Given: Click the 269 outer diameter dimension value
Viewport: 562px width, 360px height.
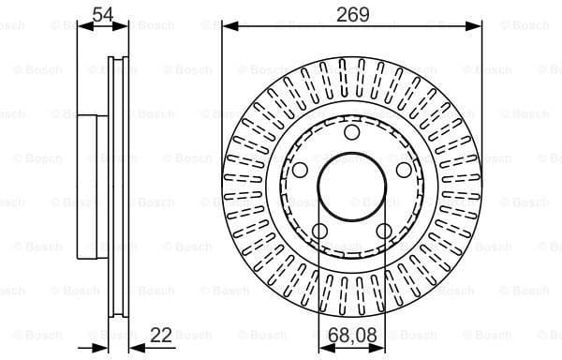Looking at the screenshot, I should pyautogui.click(x=351, y=14).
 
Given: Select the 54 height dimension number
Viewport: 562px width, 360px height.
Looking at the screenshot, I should pyautogui.click(x=103, y=13).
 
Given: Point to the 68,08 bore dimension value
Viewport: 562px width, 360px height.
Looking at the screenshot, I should pyautogui.click(x=351, y=335).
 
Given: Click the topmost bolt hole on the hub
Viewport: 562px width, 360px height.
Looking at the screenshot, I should pyautogui.click(x=351, y=132).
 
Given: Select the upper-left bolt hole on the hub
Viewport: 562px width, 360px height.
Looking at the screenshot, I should pyautogui.click(x=300, y=170).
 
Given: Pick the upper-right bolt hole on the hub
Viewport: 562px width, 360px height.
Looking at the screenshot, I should pyautogui.click(x=403, y=170).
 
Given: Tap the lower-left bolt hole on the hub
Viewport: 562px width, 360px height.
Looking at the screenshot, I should pyautogui.click(x=319, y=231).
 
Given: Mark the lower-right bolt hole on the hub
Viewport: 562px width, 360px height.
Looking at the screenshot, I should pyautogui.click(x=383, y=231).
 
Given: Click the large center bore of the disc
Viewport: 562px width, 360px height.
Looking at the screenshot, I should pyautogui.click(x=351, y=187).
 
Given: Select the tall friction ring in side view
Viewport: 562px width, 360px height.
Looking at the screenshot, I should pyautogui.click(x=117, y=187).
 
